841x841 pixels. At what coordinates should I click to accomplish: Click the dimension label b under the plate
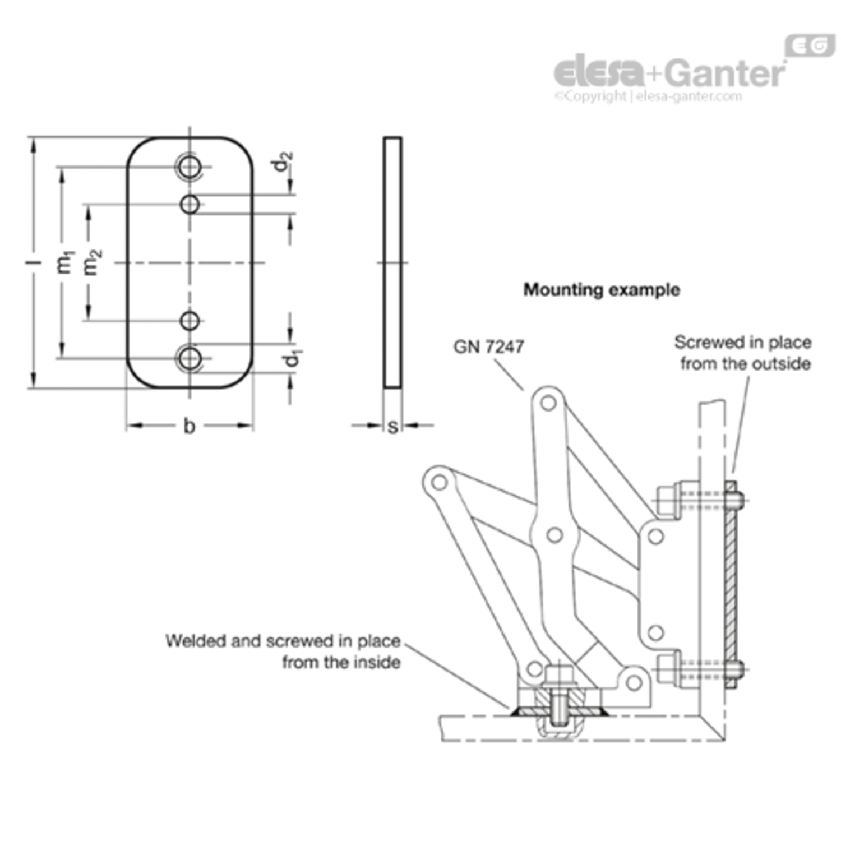(x=190, y=426)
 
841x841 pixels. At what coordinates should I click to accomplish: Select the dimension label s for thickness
(x=392, y=427)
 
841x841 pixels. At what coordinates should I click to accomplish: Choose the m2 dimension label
(x=93, y=262)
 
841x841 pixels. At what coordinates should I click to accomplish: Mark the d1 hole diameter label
(x=291, y=358)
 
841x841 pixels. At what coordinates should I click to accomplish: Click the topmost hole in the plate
(x=190, y=167)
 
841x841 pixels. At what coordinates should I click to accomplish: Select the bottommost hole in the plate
(x=190, y=358)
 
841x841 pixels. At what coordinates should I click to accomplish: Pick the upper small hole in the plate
(x=190, y=204)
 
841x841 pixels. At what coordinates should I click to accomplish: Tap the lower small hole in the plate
(x=190, y=321)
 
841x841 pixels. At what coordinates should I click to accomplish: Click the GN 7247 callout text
(x=488, y=347)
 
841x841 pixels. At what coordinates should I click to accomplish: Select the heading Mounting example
(x=602, y=290)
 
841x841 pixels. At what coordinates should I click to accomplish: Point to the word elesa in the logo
(x=599, y=71)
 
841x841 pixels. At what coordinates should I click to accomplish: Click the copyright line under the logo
(x=648, y=96)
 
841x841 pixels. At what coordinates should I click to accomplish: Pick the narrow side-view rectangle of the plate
(x=392, y=262)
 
